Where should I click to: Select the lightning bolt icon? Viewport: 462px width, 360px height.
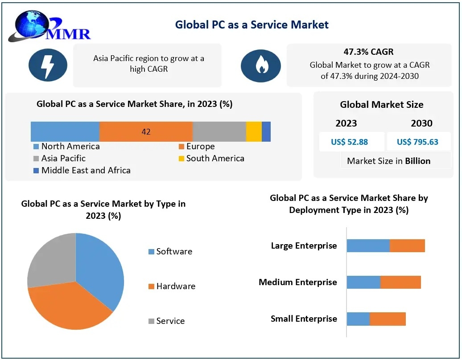[48, 65]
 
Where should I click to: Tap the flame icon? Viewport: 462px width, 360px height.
[260, 65]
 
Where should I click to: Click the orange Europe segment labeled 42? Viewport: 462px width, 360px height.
[146, 132]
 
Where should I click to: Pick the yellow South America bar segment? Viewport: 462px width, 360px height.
[254, 132]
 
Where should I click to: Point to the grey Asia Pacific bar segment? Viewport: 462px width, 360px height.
[219, 132]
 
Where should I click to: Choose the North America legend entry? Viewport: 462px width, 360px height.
[66, 147]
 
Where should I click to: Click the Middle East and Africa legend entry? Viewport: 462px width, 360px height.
[82, 171]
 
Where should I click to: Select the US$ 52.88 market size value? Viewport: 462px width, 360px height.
[349, 142]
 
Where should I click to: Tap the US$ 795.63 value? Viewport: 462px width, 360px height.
[417, 142]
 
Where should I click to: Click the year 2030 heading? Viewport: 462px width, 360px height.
[421, 123]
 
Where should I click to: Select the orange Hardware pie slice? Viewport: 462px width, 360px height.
[67, 305]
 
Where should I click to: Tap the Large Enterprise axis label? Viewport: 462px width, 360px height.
[304, 246]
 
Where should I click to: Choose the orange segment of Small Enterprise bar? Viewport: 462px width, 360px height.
[388, 319]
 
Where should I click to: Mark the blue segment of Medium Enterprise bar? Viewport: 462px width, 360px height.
[363, 282]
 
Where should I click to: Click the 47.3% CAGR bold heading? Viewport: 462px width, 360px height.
[368, 52]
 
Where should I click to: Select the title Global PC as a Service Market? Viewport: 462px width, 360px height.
[252, 25]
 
